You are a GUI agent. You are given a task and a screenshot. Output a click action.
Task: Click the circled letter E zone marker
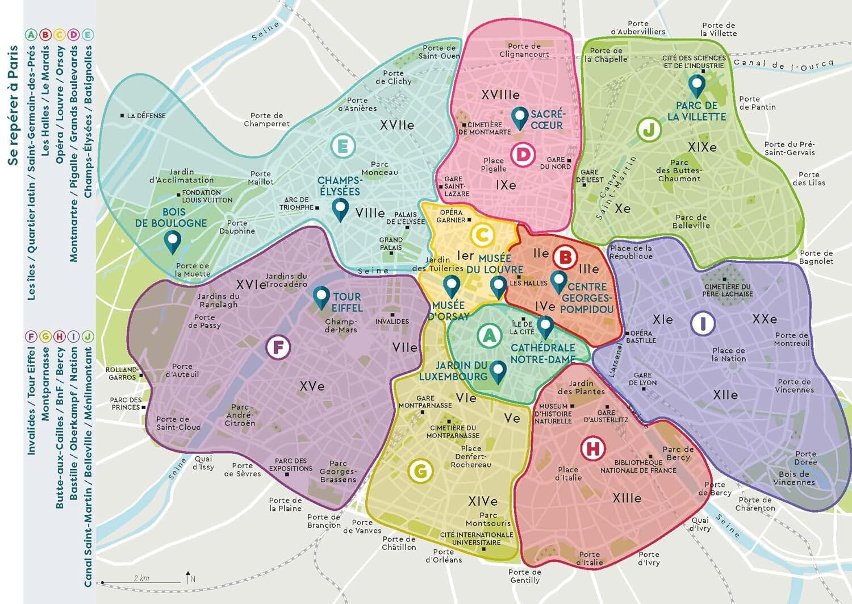(343, 147)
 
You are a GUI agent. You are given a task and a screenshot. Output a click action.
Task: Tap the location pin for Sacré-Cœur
(519, 118)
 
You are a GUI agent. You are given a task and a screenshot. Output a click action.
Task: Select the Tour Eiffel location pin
(321, 297)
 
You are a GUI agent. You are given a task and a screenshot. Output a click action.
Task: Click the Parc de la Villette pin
(696, 85)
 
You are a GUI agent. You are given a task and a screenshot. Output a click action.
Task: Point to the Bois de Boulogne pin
(172, 241)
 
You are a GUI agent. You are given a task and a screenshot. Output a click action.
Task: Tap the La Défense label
(146, 115)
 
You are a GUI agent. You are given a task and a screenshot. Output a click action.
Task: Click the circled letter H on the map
(592, 449)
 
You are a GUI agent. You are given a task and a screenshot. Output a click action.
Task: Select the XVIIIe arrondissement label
(500, 95)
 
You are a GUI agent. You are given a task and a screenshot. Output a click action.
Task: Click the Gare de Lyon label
(642, 379)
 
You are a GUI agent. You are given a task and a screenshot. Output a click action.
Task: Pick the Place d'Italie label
(569, 473)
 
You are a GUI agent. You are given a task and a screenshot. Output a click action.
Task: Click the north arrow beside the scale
(189, 578)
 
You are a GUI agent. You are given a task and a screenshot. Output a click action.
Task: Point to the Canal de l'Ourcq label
(783, 64)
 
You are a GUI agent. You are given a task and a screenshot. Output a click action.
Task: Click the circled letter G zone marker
(420, 470)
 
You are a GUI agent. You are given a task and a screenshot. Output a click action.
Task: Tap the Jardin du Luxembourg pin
(498, 371)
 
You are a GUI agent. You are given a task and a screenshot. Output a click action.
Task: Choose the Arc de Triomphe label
(296, 203)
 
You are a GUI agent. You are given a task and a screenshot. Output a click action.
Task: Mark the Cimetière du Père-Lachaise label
(728, 290)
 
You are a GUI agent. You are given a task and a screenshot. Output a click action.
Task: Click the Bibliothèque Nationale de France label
(638, 466)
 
